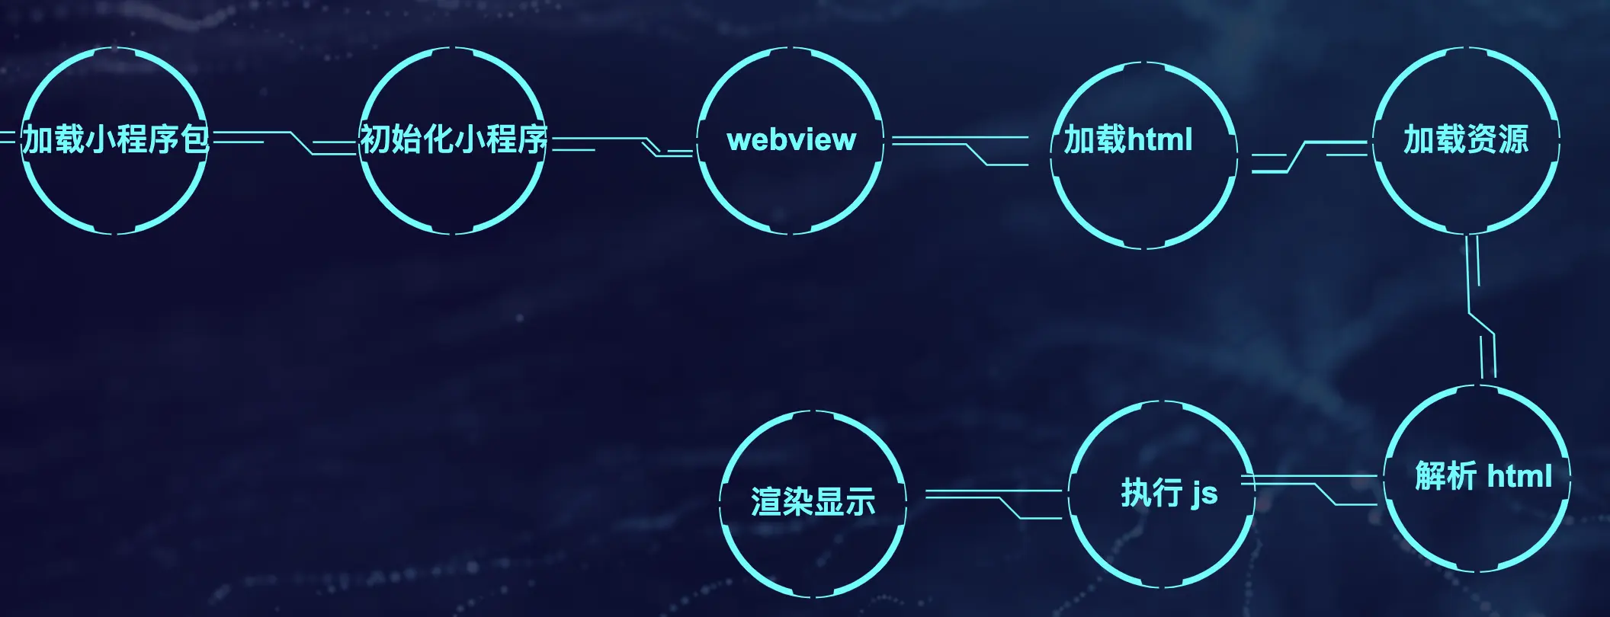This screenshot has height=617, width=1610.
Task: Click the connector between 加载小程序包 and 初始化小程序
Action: (297, 142)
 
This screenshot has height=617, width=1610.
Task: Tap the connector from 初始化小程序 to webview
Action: (648, 145)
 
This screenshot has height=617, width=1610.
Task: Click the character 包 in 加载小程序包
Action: (196, 139)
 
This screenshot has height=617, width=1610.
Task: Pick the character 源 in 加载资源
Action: (1513, 139)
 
